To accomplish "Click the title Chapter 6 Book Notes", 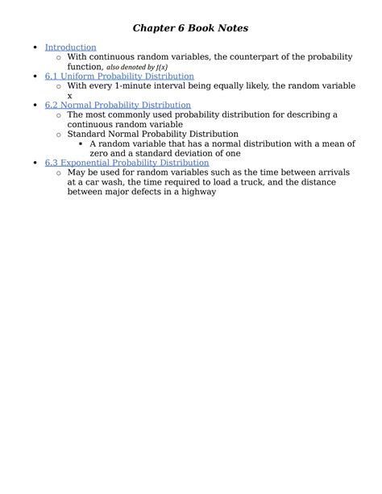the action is (x=190, y=28).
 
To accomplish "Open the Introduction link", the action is (x=70, y=48).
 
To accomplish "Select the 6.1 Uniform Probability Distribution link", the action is (x=119, y=76).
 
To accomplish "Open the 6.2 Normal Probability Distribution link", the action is (x=118, y=105).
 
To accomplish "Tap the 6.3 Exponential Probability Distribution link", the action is (x=127, y=163).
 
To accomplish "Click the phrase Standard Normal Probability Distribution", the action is (x=152, y=134).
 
